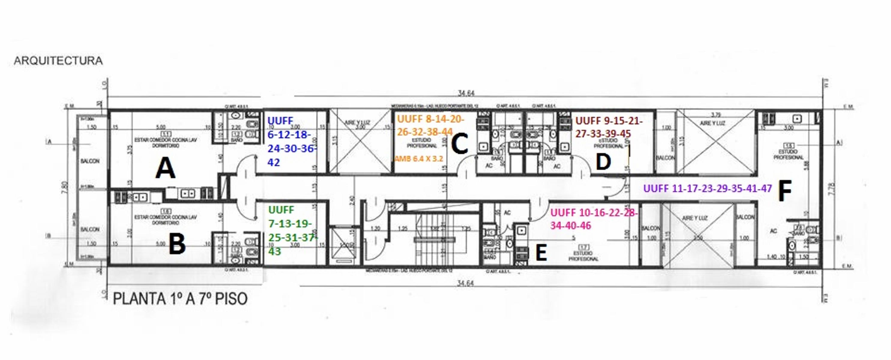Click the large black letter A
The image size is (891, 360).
pos(165,168)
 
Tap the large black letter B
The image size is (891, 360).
pos(177,244)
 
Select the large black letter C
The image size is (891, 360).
pos(460,144)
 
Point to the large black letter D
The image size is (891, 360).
pos(603,162)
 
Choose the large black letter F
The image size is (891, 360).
pos(785,192)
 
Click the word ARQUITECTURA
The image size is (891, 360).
pos(58,61)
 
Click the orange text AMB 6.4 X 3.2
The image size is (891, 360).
pos(419,159)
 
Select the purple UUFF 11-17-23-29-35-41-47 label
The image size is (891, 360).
pos(707,188)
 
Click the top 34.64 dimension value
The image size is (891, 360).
pos(466,93)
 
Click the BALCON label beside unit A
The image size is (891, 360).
pos(90,161)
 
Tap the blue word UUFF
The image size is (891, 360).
pos(281,121)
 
